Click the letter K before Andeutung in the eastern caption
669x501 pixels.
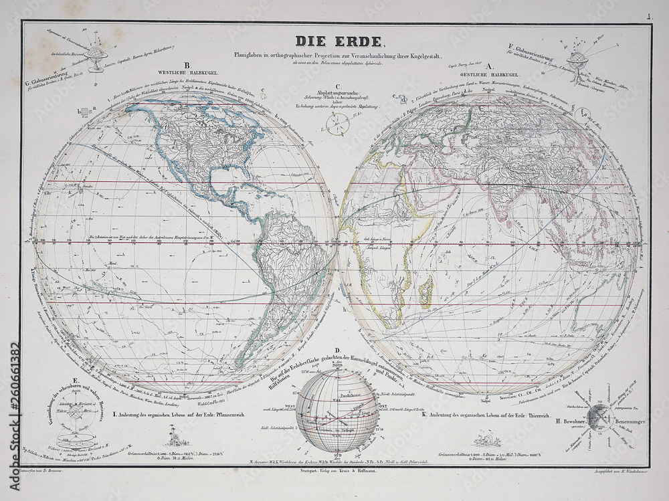(x=424, y=415)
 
